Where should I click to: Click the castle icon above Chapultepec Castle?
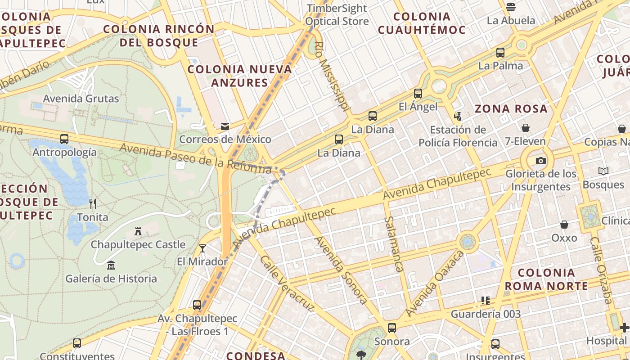coord(138,231)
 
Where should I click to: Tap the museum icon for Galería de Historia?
coord(111,265)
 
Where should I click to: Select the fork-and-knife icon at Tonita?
coord(93,203)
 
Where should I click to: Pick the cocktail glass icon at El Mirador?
coord(202,248)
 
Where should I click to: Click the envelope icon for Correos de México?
coord(225,126)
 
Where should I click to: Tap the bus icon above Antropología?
coord(64,139)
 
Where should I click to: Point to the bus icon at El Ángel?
coord(418,94)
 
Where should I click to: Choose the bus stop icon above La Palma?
coord(500,53)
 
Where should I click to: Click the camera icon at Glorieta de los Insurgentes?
coord(540,161)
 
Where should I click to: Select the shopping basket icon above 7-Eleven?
coord(525,128)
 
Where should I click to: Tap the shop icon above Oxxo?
coord(564,224)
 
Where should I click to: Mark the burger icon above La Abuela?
coord(510,7)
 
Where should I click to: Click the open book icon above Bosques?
coord(603,171)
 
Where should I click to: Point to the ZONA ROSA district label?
coord(511,108)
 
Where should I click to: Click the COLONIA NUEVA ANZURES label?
coord(240,76)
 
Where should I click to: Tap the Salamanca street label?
coord(394,244)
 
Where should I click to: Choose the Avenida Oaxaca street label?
coord(435,283)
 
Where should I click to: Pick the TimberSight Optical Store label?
coord(337,15)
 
